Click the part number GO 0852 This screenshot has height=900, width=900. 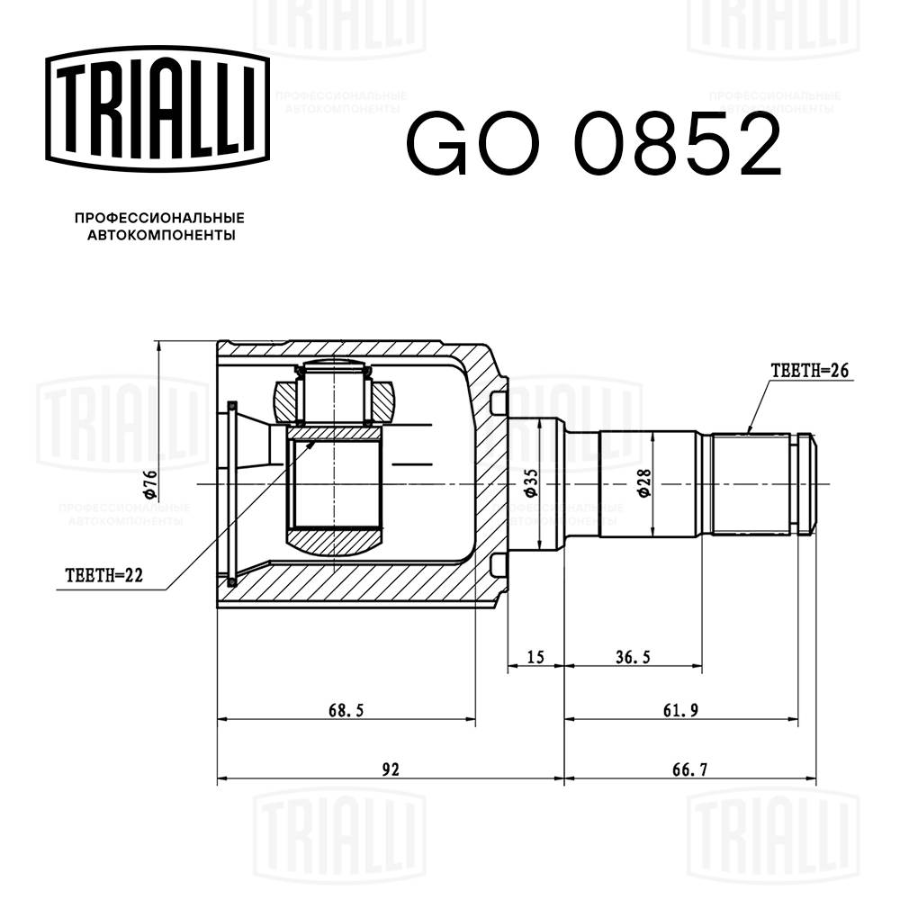(x=594, y=145)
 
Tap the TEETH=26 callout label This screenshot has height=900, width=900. (x=809, y=370)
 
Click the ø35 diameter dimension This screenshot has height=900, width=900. (x=530, y=484)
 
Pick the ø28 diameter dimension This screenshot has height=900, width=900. (x=644, y=484)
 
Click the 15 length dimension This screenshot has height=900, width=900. (x=535, y=658)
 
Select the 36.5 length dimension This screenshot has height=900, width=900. (x=632, y=658)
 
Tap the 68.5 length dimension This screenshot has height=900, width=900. (x=346, y=710)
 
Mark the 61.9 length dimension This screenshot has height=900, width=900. (x=681, y=710)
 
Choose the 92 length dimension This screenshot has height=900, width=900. (x=390, y=769)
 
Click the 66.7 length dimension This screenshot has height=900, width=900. (x=688, y=769)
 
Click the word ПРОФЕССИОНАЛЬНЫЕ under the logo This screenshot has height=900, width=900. (x=159, y=219)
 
